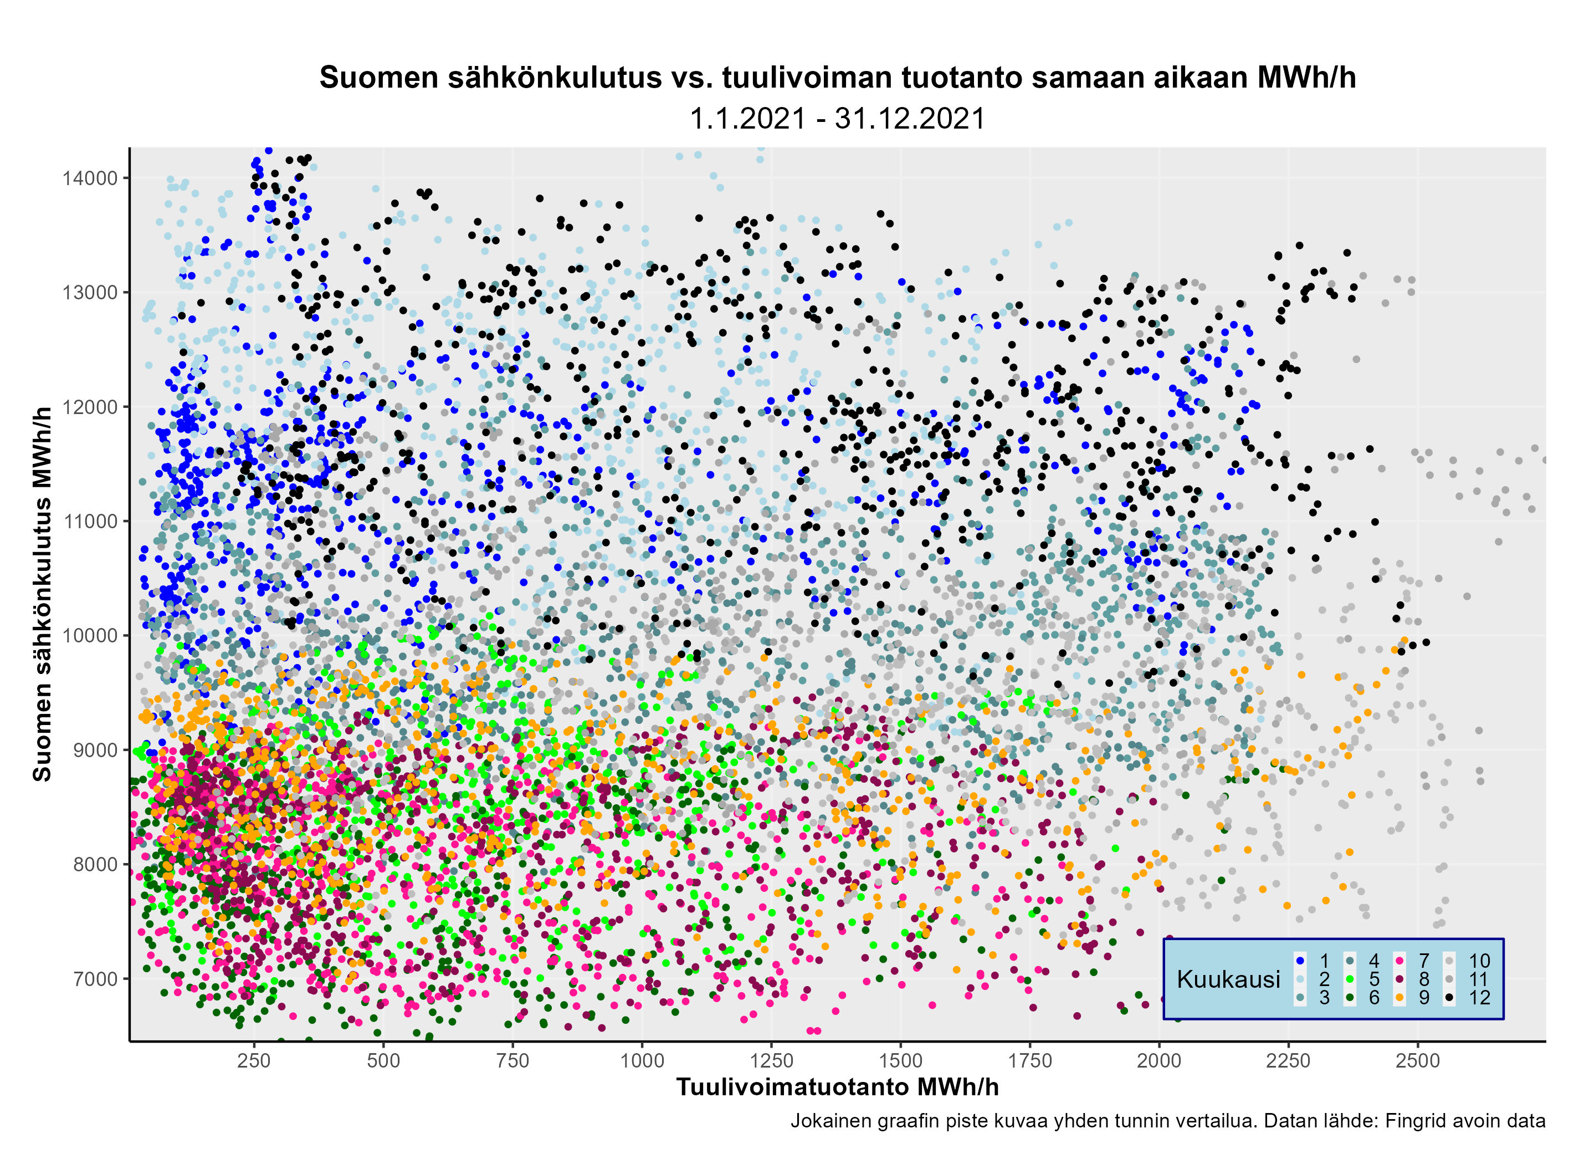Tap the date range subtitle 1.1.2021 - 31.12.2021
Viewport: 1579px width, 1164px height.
tap(837, 119)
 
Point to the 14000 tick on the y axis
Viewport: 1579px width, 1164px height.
tap(89, 178)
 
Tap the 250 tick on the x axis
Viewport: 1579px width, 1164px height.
tap(254, 1060)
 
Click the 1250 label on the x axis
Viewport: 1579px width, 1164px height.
tap(771, 1060)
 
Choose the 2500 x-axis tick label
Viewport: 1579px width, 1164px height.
tap(1418, 1060)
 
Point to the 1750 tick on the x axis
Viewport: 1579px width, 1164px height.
tap(1029, 1060)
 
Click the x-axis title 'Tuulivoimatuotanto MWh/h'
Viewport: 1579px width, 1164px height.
tap(837, 1087)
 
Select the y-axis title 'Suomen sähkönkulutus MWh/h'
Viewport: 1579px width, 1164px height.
tap(42, 594)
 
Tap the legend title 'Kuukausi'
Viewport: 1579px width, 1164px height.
tap(1228, 979)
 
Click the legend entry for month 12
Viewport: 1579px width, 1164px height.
tap(1470, 998)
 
